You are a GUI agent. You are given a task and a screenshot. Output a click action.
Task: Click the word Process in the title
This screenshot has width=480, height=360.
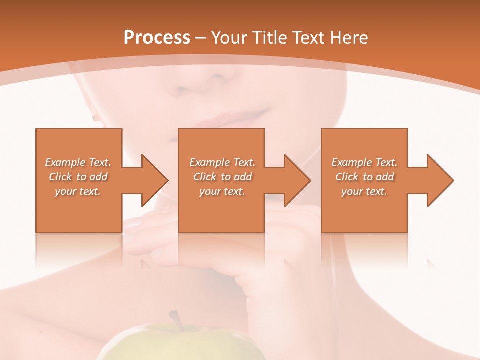coord(157,38)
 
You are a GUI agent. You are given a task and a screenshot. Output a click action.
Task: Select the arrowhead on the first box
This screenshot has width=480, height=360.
coord(152,180)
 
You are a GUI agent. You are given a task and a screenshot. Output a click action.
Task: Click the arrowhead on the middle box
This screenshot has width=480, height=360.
coord(295,180)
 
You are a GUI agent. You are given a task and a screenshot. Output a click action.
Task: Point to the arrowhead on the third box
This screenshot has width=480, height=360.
coord(438,180)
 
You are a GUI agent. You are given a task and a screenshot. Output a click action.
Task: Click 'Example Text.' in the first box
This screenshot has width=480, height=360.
coord(78,162)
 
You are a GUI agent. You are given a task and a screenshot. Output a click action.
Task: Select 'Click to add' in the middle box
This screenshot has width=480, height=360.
coord(222,177)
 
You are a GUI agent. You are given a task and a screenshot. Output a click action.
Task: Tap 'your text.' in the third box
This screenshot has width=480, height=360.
coord(364,191)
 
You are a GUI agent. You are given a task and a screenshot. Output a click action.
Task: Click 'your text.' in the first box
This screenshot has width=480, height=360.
coord(78,191)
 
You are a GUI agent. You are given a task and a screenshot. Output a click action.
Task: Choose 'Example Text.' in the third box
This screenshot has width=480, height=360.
coord(364,162)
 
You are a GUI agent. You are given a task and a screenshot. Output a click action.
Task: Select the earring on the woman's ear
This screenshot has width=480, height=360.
coord(94,118)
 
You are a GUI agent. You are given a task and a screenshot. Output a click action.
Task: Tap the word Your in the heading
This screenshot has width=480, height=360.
coord(230,38)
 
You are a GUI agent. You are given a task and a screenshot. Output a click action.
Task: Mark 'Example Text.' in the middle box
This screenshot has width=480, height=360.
coord(222,162)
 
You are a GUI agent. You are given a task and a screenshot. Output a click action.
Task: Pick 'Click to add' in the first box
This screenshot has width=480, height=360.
coord(78,177)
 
